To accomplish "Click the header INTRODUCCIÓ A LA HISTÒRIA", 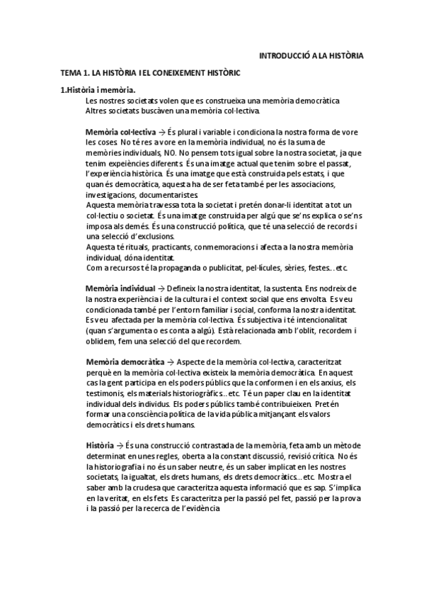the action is (312, 55).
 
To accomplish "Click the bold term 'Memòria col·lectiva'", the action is (116, 132).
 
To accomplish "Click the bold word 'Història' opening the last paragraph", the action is (100, 444).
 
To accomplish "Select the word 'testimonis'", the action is (104, 393).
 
